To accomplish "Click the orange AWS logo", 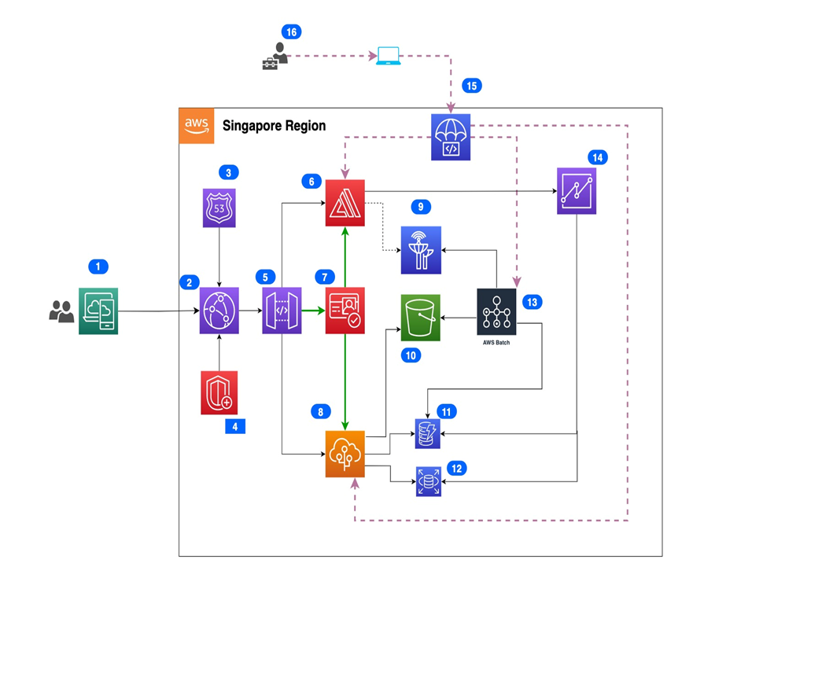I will (197, 126).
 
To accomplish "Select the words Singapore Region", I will (274, 126).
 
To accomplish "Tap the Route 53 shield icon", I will (219, 208).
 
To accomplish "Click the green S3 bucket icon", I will (420, 318).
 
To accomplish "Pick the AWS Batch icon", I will (496, 312).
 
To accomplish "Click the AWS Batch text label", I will (496, 343).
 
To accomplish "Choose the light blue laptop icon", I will (389, 56).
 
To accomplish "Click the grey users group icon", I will (61, 312).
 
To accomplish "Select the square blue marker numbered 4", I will (235, 426).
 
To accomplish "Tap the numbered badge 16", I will (291, 31).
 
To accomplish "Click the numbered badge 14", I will (598, 157).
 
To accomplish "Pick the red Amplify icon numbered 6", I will (345, 203).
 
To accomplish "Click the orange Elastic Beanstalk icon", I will (345, 454).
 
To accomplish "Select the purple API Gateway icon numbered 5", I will (282, 311).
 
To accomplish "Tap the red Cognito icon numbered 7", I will (345, 311).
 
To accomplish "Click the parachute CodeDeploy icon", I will (451, 138).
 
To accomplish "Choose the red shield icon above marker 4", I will (219, 392).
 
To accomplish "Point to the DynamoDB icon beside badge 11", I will (428, 434).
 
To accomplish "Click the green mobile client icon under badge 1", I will (98, 311).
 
